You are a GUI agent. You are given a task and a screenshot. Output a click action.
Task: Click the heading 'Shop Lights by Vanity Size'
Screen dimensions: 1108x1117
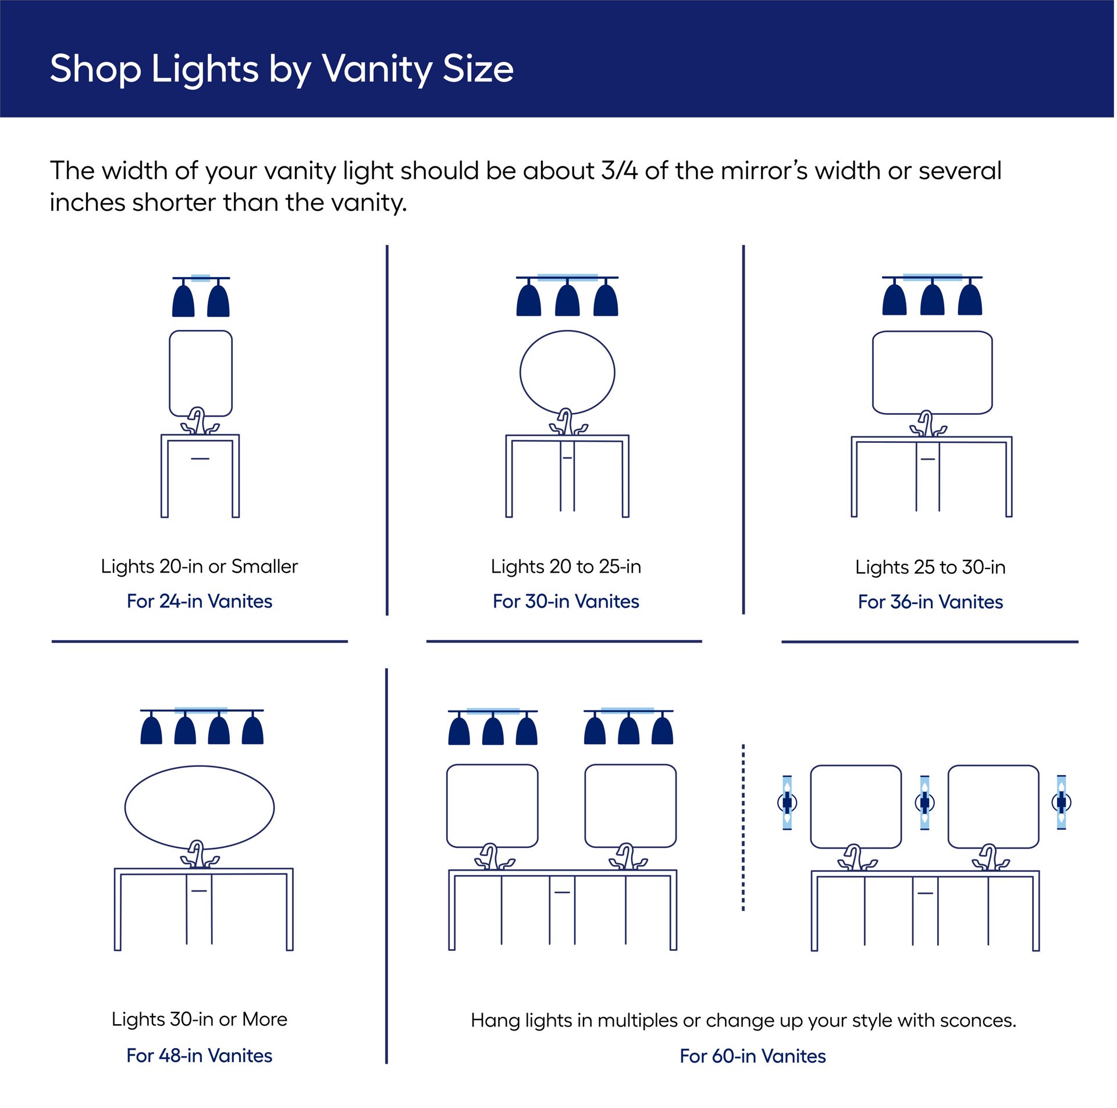(x=282, y=69)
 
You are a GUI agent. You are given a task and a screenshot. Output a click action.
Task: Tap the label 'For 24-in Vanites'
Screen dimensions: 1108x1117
(x=200, y=601)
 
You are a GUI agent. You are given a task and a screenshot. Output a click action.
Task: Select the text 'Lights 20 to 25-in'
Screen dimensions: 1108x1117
(x=565, y=566)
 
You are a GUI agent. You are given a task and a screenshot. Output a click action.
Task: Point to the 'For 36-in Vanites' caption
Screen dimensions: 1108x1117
(x=930, y=602)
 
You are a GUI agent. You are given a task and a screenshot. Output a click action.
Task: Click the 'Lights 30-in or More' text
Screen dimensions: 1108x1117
(x=200, y=1019)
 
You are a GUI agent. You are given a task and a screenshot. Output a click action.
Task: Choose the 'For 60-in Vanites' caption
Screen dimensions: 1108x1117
(x=752, y=1056)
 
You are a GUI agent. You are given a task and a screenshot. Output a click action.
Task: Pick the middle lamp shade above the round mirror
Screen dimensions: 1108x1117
(x=567, y=300)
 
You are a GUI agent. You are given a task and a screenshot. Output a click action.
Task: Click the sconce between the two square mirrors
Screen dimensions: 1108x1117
(x=924, y=802)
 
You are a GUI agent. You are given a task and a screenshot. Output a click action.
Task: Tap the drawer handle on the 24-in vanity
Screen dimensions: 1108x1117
(x=200, y=459)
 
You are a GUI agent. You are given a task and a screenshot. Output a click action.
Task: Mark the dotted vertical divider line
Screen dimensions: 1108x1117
(x=743, y=826)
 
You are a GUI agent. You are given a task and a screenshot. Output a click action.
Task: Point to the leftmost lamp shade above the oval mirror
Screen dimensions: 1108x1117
(x=151, y=731)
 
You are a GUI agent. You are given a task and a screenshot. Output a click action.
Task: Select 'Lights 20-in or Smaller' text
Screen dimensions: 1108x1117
(x=200, y=566)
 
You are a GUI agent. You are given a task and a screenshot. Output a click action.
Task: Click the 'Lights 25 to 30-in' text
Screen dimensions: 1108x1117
(x=930, y=567)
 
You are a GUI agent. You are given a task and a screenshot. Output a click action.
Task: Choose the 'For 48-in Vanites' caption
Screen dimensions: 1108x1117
(x=200, y=1056)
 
